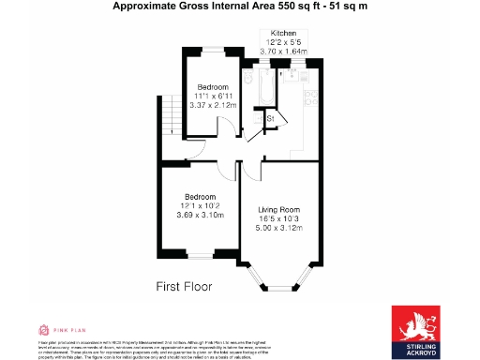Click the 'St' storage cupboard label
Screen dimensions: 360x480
270,119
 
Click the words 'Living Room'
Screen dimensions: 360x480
279,209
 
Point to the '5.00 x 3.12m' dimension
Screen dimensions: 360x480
279,228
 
